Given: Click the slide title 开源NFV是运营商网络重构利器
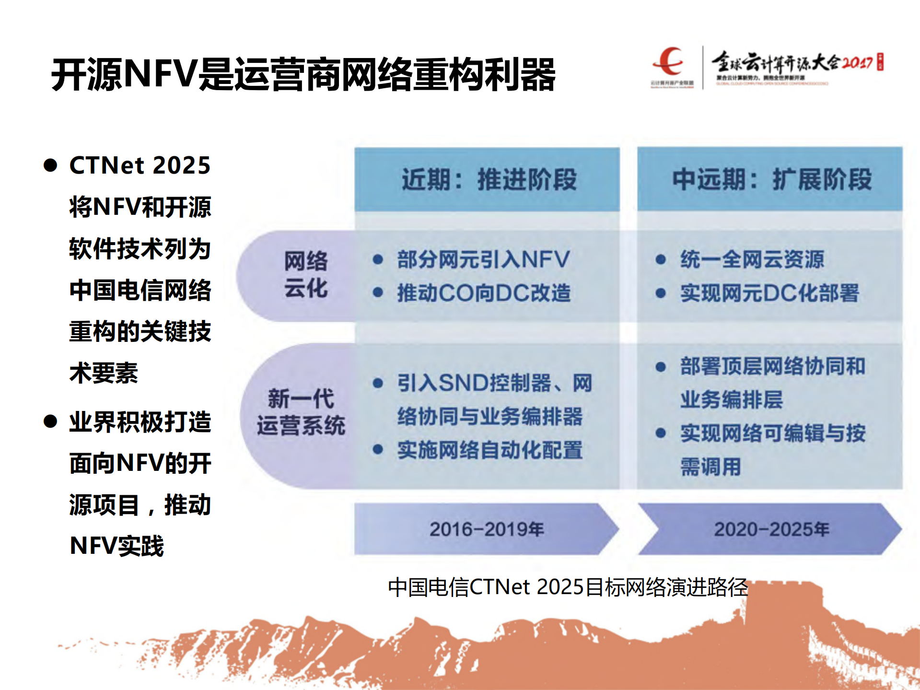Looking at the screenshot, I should tap(303, 74).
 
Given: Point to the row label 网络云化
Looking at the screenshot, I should tap(305, 275).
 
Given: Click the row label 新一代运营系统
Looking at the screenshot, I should tap(301, 412).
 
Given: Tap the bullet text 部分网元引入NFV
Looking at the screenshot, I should tap(483, 259).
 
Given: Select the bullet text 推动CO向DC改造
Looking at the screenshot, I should tap(484, 293).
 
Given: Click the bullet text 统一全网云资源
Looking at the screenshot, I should tap(752, 259).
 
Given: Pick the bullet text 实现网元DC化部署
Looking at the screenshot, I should tap(769, 293).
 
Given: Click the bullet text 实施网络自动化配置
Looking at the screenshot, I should tap(489, 450).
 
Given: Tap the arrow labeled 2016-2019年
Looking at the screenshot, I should tap(486, 529).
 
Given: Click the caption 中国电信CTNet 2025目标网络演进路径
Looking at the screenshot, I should tap(568, 587).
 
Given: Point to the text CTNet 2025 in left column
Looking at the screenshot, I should tap(140, 165).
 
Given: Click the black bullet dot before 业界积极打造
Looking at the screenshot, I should tap(50, 421).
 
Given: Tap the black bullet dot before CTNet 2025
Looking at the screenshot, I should tap(50, 165).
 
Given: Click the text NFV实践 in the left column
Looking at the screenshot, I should tap(117, 546).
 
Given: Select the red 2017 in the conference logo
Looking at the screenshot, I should tap(857, 63).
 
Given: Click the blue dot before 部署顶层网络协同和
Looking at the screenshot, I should tap(661, 367).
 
